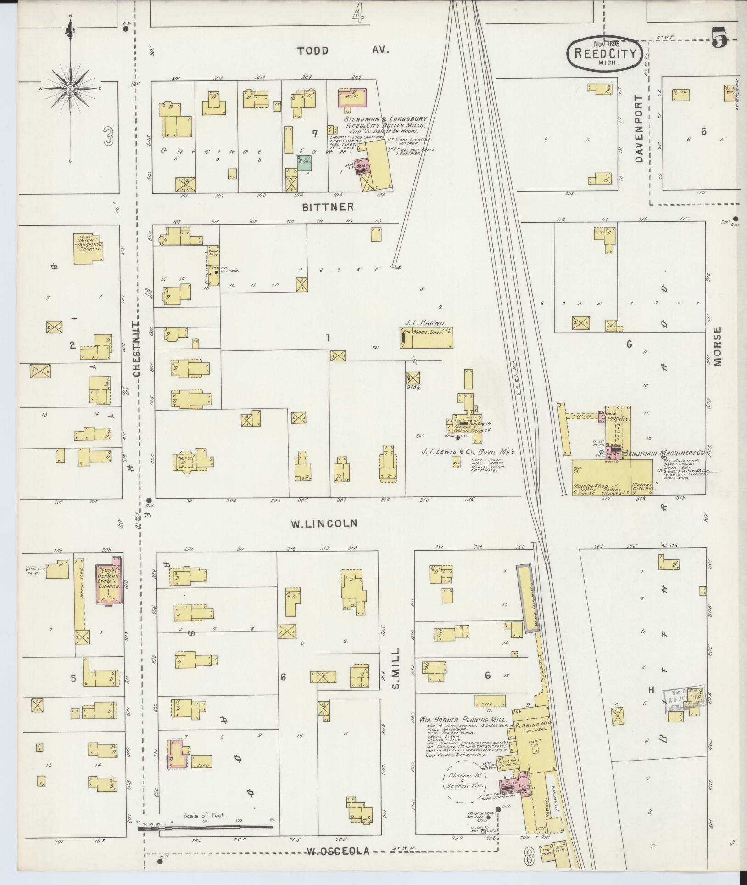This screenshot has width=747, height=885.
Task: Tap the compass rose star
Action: [x=70, y=88]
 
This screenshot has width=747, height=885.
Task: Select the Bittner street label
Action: [x=328, y=208]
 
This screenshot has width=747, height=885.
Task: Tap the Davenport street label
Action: [x=641, y=129]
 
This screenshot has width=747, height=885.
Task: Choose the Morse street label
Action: [x=717, y=346]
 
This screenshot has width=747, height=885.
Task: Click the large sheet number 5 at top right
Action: [x=720, y=38]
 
